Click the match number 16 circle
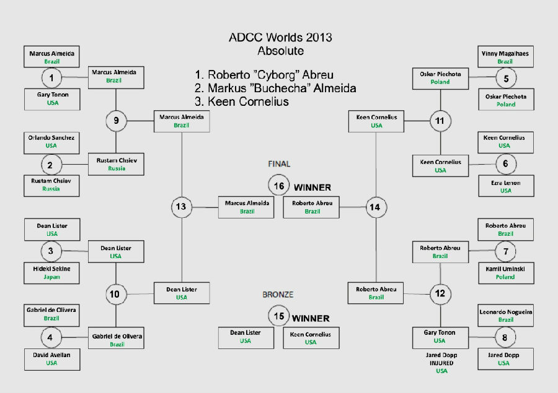(x=278, y=185)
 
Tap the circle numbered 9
(x=116, y=121)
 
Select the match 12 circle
(x=440, y=293)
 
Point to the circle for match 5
(x=506, y=78)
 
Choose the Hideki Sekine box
(x=51, y=273)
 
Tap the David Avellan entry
(x=52, y=359)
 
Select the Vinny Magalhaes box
(x=505, y=56)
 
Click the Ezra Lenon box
(x=506, y=186)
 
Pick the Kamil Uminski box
(x=506, y=273)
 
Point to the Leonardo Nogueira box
(x=505, y=315)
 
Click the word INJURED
(x=441, y=363)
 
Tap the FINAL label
(x=279, y=164)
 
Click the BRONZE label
(x=278, y=295)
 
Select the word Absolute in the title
(x=281, y=51)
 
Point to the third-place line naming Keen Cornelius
(x=242, y=101)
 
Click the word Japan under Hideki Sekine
(x=51, y=277)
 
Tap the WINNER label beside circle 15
(x=311, y=318)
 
